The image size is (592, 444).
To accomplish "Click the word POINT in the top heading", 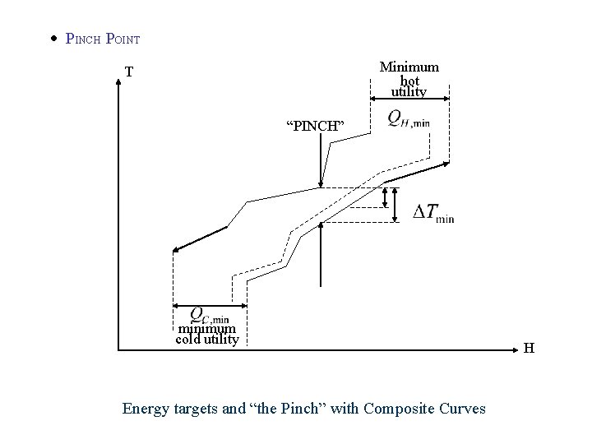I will pos(123,39).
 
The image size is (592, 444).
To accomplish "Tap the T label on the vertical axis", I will pos(129,72).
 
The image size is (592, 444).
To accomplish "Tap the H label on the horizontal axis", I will pos(530,348).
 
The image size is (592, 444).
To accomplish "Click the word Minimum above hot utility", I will pos(409,67).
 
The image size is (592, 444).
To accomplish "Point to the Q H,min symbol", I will pos(409,119).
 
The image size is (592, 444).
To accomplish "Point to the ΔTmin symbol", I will pos(432,212).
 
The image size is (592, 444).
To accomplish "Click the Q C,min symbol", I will pos(209,315).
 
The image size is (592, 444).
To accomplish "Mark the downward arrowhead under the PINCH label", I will pos(321,183).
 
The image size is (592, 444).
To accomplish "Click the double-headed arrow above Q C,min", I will pos(210,306).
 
